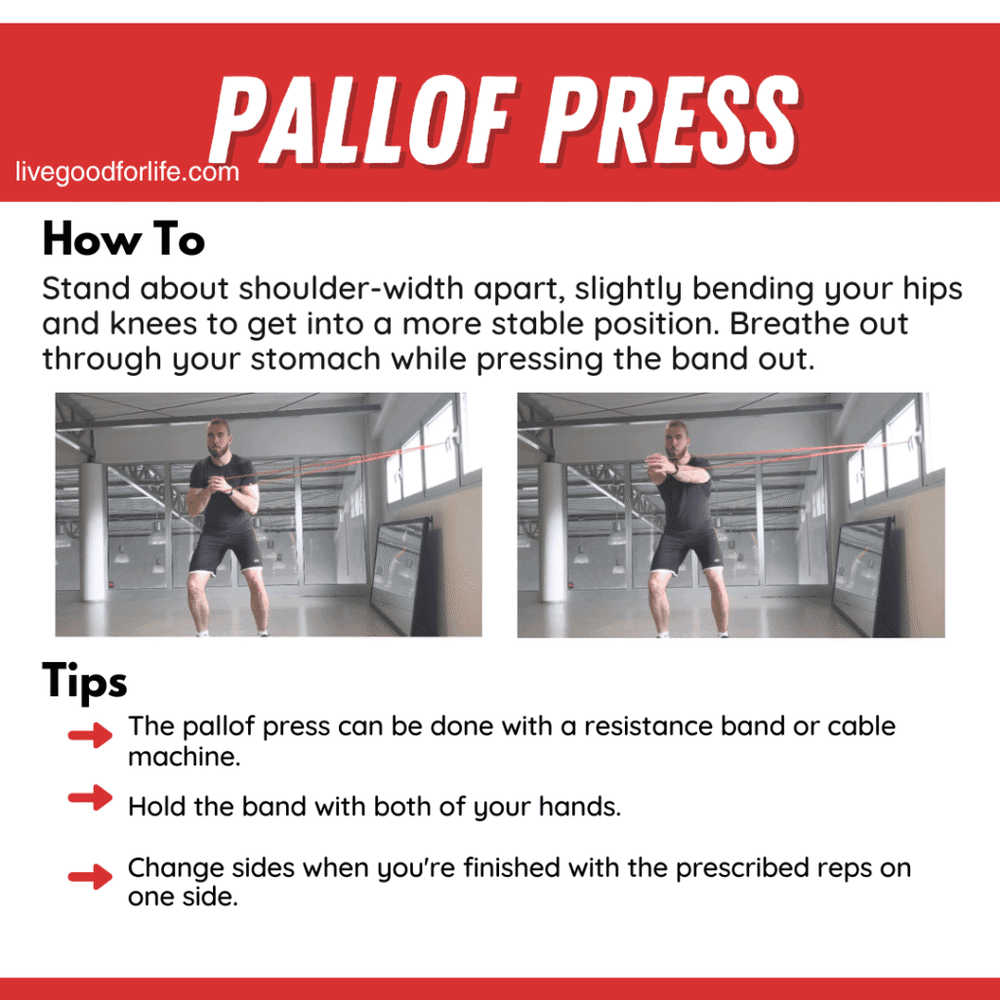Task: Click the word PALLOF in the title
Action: pos(376,113)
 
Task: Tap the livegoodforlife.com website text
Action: pos(127,173)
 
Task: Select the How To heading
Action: pos(123,239)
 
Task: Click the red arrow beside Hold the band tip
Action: pos(91,798)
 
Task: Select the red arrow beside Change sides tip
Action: pos(91,876)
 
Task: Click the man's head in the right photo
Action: pos(678,436)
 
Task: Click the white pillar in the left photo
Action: pos(93,531)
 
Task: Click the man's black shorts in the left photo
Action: pos(226,552)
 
